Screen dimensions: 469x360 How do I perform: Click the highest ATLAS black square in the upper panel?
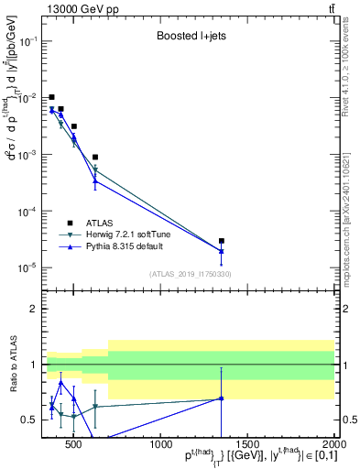click(x=52, y=97)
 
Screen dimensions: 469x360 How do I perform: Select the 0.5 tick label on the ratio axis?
click(x=32, y=420)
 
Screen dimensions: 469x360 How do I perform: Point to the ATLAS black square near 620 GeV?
click(x=95, y=158)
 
